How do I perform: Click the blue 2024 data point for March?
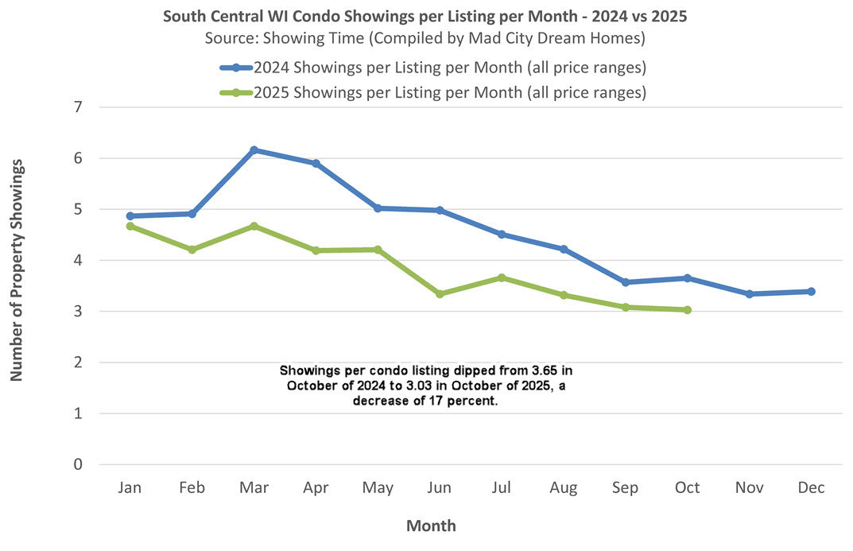[254, 150]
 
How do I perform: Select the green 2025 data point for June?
[440, 294]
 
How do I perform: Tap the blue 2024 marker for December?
[811, 292]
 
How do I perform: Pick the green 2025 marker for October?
[687, 310]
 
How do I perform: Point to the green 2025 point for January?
[130, 227]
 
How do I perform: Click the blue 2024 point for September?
[625, 282]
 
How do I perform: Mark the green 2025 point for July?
[502, 277]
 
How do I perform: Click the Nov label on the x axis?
[749, 488]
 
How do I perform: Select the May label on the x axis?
[378, 488]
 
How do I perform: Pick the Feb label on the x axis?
[192, 488]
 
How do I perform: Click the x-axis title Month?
[431, 526]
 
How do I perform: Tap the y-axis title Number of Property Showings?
[17, 270]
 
